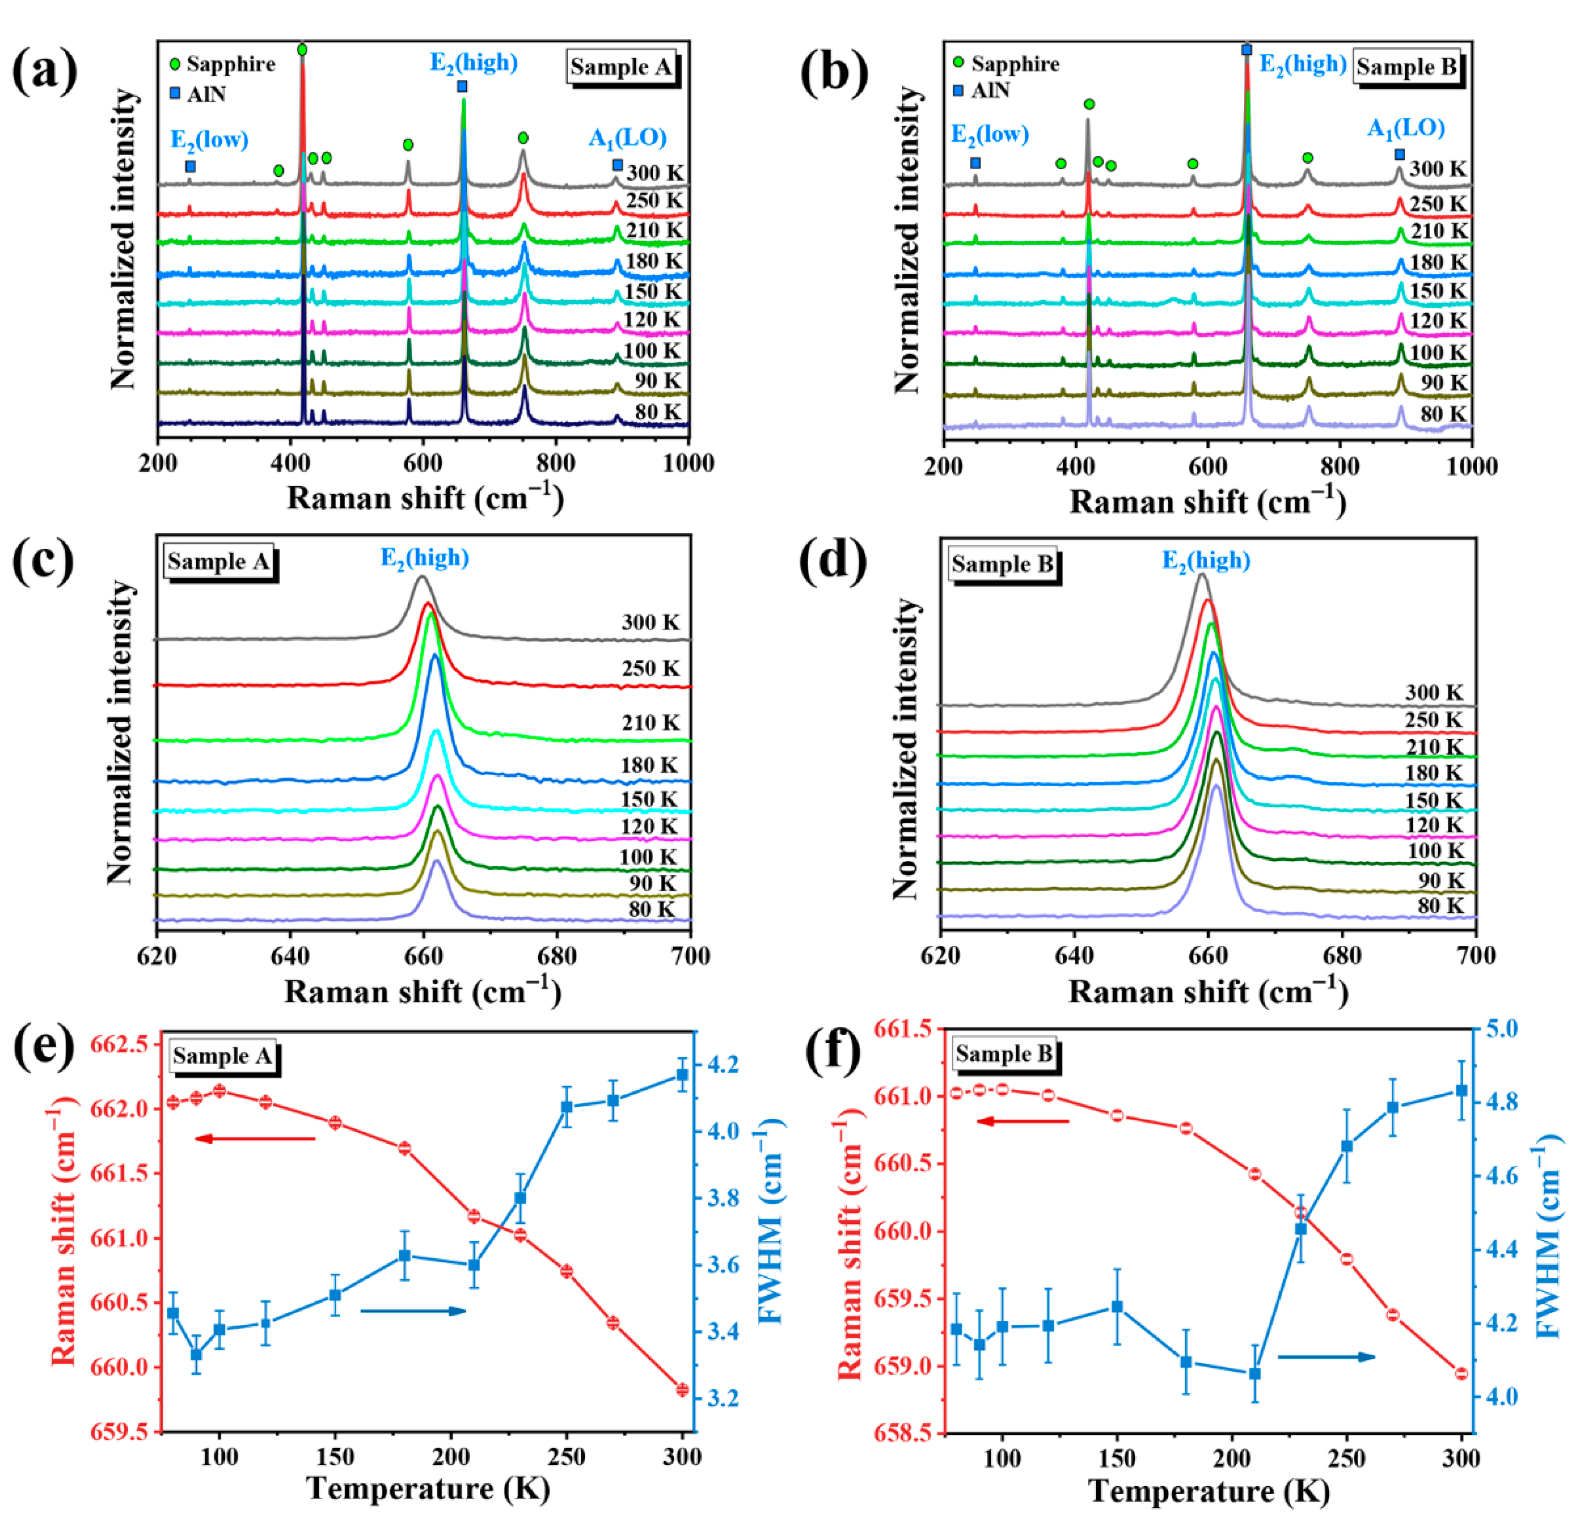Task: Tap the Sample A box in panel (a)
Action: click(x=620, y=67)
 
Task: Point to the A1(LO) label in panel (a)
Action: click(x=627, y=138)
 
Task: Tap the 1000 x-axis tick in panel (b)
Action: click(x=1471, y=466)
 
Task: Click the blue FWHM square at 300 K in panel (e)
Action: click(x=681, y=1075)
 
